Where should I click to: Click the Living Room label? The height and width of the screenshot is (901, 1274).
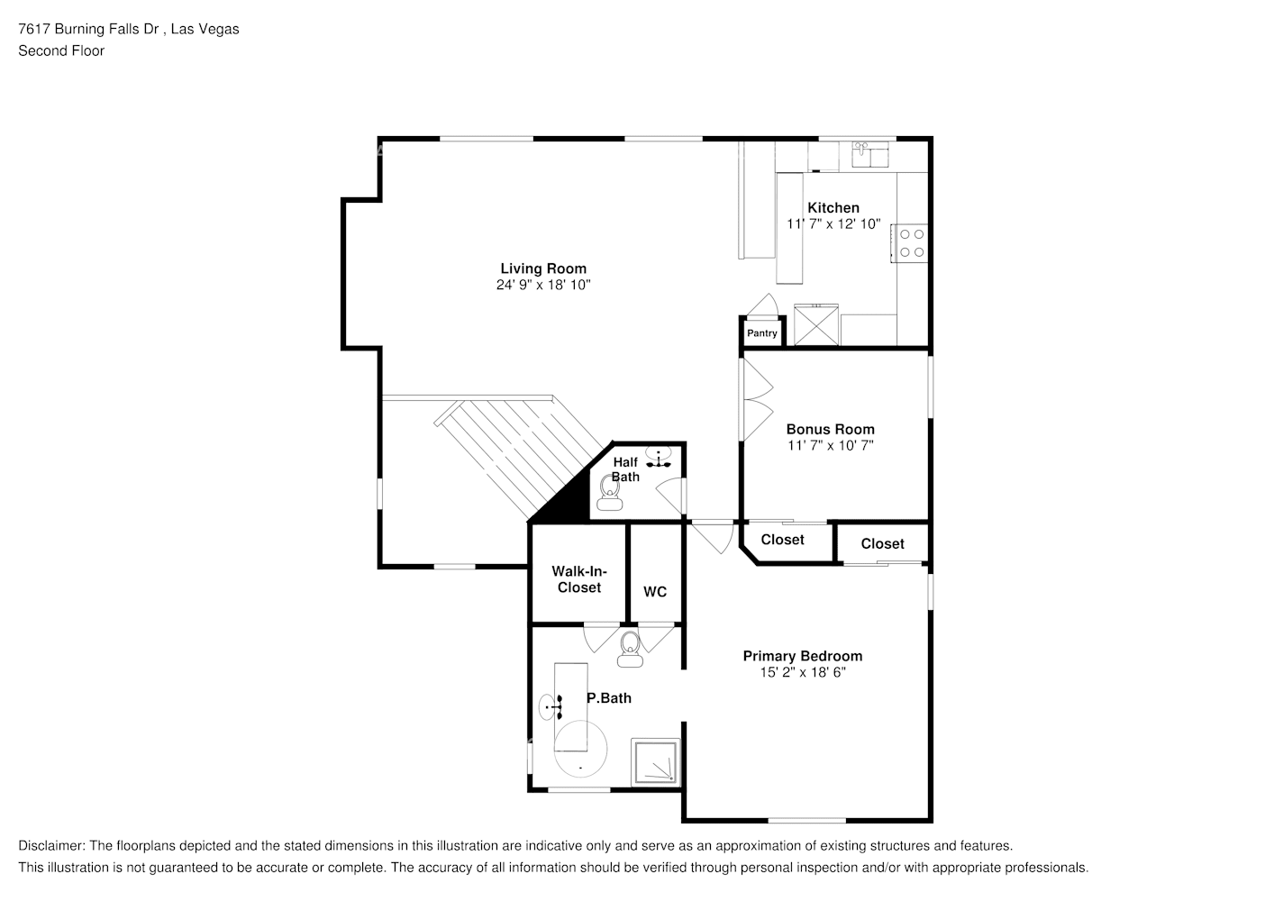point(543,268)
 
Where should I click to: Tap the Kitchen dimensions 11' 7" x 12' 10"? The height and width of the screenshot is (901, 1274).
point(833,224)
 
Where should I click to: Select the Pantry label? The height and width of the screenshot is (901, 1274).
point(761,333)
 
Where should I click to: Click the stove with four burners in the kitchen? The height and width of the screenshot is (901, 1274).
point(911,243)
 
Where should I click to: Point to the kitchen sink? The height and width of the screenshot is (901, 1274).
point(870,154)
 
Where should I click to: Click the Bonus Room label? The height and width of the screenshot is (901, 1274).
point(831,430)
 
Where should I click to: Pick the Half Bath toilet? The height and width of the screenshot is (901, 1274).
point(609,493)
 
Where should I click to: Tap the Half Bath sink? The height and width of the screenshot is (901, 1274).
point(659,458)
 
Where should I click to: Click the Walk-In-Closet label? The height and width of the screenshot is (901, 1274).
point(579,579)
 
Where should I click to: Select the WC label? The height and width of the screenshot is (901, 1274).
point(655,592)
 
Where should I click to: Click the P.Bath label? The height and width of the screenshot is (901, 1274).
point(608,698)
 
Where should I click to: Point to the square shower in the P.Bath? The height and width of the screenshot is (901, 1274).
point(655,761)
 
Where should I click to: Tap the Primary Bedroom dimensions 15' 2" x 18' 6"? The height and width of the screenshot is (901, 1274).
point(803,672)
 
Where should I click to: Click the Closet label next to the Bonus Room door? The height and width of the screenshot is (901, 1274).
point(782,540)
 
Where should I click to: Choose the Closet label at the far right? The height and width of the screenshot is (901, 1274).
point(882,544)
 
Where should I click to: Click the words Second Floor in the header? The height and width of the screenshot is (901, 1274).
point(61,50)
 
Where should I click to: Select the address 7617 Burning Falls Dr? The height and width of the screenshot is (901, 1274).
point(88,29)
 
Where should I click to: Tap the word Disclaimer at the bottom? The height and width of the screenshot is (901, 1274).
point(51,846)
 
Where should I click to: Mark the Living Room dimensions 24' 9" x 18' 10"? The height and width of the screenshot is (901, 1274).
point(543,285)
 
